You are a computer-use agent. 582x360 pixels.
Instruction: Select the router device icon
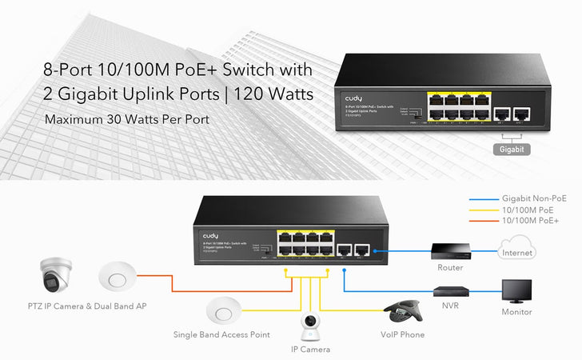click(446, 252)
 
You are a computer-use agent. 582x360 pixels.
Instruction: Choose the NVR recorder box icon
click(448, 291)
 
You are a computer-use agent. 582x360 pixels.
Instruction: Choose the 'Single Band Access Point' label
click(221, 334)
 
